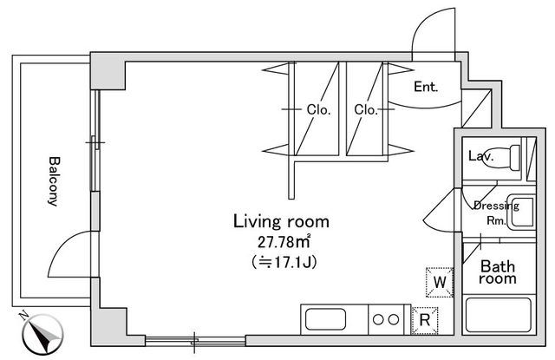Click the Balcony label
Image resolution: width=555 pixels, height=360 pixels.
pos(52,181)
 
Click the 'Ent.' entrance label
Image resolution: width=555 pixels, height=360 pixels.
pos(425,87)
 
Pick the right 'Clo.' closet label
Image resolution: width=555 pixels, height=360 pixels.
pos(364,109)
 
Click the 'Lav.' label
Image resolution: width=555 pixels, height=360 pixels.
pos(480,157)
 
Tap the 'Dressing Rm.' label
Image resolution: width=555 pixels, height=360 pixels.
pos(495,213)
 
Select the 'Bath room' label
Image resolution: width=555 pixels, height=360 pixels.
pos(499,272)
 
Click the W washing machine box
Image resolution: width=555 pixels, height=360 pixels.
pos(440,282)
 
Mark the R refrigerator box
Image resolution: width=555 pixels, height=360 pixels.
pos(425,319)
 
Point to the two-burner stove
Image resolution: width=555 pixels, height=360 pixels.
pos(388,319)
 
